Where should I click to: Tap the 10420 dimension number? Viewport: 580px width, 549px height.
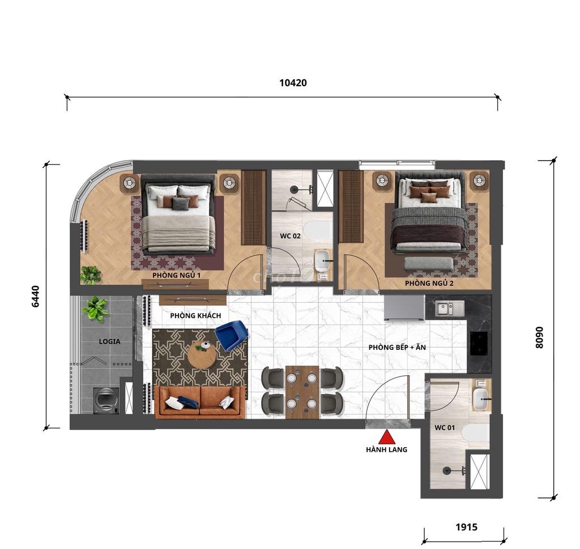[x=293, y=83]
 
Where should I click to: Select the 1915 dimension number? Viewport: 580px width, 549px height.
[x=467, y=526]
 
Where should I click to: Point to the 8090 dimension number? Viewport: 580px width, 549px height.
[x=539, y=337]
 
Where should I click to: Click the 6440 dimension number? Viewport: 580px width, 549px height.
[x=35, y=296]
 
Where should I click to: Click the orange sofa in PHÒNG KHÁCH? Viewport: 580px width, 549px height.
[x=200, y=402]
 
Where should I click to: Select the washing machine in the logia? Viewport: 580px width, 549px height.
[x=106, y=400]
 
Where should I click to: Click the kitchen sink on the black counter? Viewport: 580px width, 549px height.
[x=449, y=308]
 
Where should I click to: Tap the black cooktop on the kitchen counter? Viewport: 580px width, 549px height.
[x=479, y=344]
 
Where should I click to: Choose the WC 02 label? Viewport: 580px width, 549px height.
[x=290, y=236]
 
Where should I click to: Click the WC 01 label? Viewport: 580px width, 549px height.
[x=445, y=428]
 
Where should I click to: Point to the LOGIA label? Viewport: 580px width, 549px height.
[x=109, y=342]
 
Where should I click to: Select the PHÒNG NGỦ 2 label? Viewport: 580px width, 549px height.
[x=429, y=284]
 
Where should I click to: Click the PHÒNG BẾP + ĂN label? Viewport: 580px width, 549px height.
[x=397, y=348]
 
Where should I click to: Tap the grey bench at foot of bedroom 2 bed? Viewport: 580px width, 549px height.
[x=429, y=264]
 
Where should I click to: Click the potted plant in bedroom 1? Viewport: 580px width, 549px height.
[x=91, y=274]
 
